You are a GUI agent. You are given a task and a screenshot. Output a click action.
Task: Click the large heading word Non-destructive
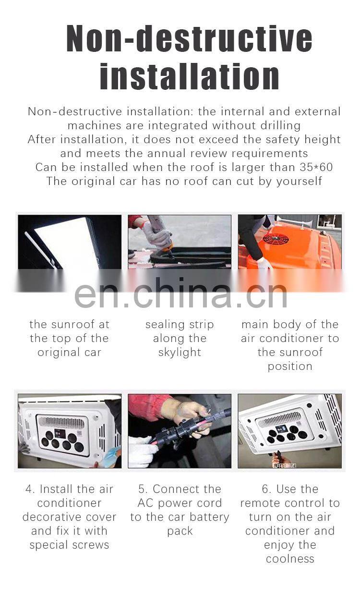tap(189, 38)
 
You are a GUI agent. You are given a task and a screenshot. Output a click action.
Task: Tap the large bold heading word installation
tap(190, 76)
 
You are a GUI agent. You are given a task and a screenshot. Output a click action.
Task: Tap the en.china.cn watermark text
tap(180, 294)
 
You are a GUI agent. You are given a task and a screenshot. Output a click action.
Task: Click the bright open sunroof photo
tap(70, 242)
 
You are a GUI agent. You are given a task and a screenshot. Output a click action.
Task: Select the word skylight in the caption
tap(180, 353)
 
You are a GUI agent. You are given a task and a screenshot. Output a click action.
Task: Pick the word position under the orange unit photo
tap(290, 367)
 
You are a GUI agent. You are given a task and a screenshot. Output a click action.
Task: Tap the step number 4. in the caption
tap(30, 489)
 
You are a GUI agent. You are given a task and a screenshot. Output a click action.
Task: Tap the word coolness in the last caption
tap(290, 559)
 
